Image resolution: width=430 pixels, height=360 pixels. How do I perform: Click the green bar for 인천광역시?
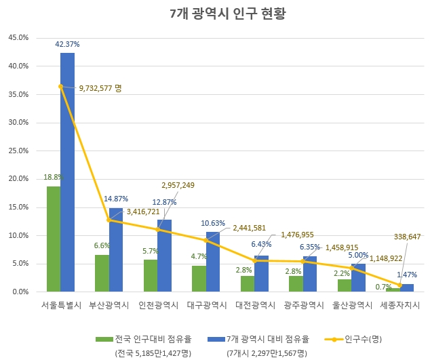pyautogui.click(x=150, y=275)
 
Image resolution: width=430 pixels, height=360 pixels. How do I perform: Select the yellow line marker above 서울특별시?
pyautogui.click(x=60, y=86)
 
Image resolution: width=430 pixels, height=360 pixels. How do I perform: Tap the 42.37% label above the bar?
pyautogui.click(x=67, y=44)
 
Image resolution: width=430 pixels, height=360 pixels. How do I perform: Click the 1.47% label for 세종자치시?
pyautogui.click(x=407, y=275)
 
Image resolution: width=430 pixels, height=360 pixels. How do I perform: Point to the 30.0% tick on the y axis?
pyautogui.click(x=18, y=123)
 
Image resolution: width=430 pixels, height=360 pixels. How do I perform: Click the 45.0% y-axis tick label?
pyautogui.click(x=18, y=38)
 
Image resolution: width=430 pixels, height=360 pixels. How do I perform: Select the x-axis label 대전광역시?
pyautogui.click(x=254, y=305)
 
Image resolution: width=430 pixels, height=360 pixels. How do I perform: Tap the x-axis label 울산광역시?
pyautogui.click(x=351, y=305)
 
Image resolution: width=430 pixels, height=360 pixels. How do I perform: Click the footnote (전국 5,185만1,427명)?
pyautogui.click(x=152, y=353)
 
